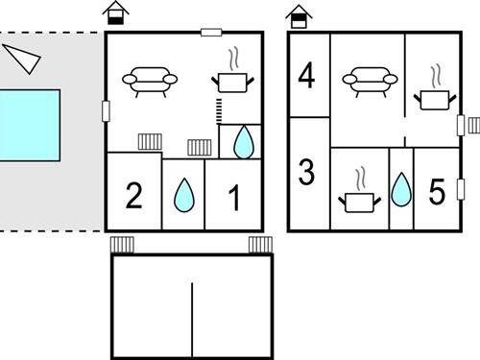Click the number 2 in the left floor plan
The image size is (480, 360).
point(133,195)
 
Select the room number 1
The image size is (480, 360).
point(234,199)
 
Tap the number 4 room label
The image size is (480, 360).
point(306,76)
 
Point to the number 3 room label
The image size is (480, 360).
point(306,172)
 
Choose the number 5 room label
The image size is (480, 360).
point(437,191)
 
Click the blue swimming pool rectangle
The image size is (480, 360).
point(30,126)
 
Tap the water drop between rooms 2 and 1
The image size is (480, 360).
point(184,195)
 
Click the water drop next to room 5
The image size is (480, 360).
point(401,189)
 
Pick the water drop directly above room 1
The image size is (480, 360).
point(244,142)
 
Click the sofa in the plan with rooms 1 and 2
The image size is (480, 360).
point(150,82)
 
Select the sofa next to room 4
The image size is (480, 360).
point(370,82)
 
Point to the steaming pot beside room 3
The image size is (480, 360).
point(360,190)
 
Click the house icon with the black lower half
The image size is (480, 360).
point(115,12)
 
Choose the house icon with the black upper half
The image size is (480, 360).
point(299,16)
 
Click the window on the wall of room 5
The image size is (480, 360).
point(461,189)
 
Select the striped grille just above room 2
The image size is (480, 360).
point(150,142)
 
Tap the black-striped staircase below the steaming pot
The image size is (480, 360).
point(219,111)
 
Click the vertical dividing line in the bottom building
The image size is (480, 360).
point(192,320)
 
